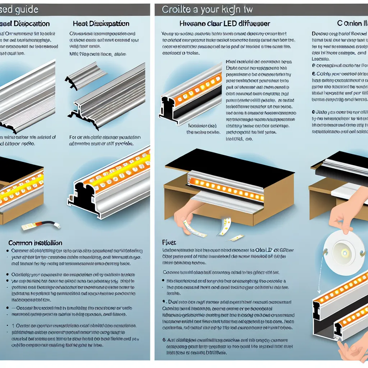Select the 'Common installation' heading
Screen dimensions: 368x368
coord(35,243)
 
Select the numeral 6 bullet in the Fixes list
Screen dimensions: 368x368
coord(164,339)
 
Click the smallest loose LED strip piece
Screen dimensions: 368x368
coord(236,238)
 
